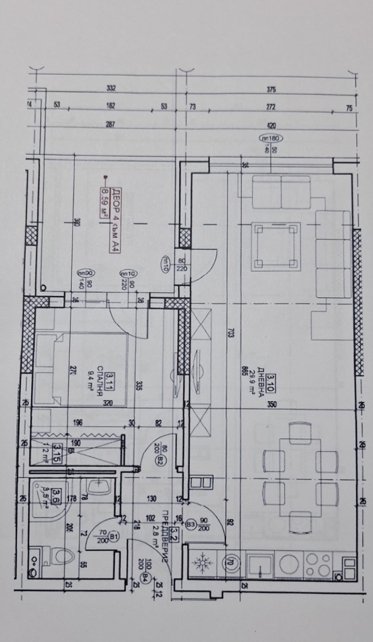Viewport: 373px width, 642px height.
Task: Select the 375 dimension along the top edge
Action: click(x=272, y=89)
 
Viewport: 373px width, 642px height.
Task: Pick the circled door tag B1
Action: click(x=113, y=537)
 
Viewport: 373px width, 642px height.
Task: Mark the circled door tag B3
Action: click(x=191, y=523)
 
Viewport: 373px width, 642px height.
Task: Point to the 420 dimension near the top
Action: click(x=272, y=125)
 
